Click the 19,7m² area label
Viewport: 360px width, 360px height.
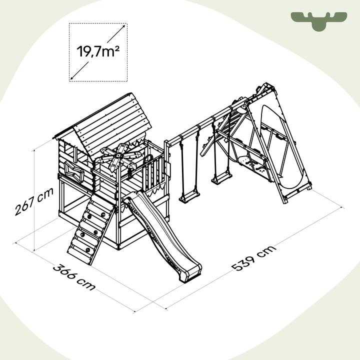coord(98,51)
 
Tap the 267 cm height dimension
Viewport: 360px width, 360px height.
coord(34,201)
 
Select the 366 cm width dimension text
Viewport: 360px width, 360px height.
coord(74,277)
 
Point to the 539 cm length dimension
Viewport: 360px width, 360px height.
coord(253,258)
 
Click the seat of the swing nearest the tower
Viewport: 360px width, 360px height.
coord(189,197)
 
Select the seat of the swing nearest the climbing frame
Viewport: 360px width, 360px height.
coord(221,178)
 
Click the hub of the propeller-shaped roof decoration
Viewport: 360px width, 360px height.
coord(118,156)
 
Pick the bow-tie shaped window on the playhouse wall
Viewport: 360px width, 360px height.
coord(74,171)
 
